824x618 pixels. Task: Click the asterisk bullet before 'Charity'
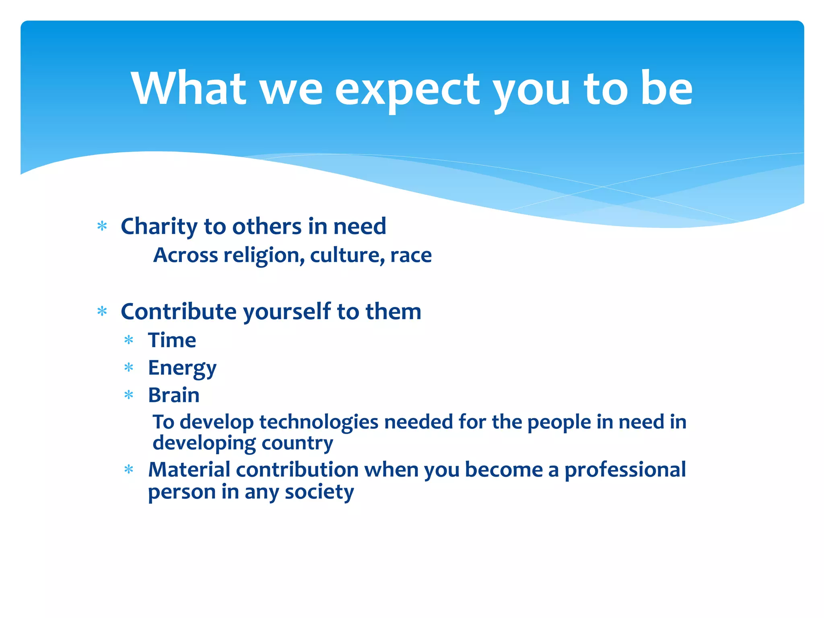pyautogui.click(x=102, y=227)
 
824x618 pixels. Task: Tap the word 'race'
pyautogui.click(x=411, y=255)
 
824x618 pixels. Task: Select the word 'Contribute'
pyautogui.click(x=179, y=312)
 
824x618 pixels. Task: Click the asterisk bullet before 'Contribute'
pyautogui.click(x=102, y=312)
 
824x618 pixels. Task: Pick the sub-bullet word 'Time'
pyautogui.click(x=172, y=340)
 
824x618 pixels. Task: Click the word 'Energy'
pyautogui.click(x=182, y=368)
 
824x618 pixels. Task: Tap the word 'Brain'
pyautogui.click(x=173, y=395)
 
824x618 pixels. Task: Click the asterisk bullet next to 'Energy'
pyautogui.click(x=129, y=368)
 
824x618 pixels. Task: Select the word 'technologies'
pyautogui.click(x=319, y=422)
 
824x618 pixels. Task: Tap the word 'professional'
pyautogui.click(x=625, y=470)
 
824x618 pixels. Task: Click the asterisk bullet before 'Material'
pyautogui.click(x=129, y=470)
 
